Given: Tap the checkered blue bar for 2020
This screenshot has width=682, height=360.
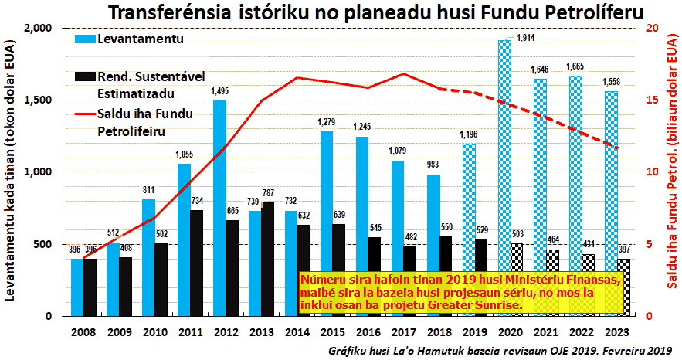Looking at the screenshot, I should pos(505,178).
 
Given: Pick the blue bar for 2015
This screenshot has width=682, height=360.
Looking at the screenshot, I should pos(327,223).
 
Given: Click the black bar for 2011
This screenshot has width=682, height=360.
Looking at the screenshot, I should pos(196,263).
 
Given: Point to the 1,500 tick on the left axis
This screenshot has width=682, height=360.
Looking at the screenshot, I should pos(38,100).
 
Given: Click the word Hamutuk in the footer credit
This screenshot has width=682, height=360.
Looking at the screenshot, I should pos(417,350).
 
